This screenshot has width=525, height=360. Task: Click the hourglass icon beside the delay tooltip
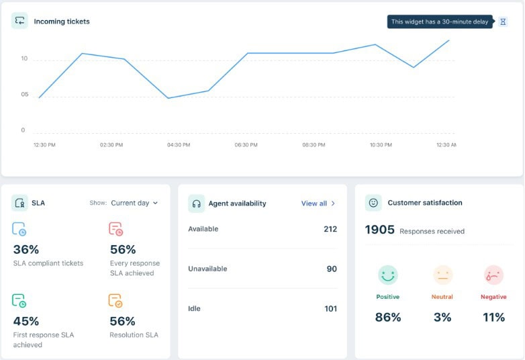pos(503,21)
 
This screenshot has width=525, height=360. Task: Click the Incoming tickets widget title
pos(62,21)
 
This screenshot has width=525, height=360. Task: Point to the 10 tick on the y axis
pos(24,59)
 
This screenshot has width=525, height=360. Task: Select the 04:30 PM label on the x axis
pos(178,144)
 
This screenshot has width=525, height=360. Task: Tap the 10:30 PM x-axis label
pos(381,144)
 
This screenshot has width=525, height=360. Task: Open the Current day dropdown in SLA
pos(134,203)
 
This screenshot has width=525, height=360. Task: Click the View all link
pos(318,204)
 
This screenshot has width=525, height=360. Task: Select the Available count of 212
pos(330,229)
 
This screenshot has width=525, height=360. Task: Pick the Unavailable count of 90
pos(332,269)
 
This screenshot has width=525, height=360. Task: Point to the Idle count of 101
pos(330,309)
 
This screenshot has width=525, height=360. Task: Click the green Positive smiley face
pos(387,275)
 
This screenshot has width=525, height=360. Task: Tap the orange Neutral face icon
pos(442,275)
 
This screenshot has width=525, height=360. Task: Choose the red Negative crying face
pos(493,275)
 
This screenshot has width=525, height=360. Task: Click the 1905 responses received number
pos(379,230)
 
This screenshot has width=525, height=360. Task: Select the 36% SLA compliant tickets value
pos(26,249)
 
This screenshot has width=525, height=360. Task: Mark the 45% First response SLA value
pos(26,321)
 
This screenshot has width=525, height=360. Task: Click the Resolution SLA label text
pos(134,334)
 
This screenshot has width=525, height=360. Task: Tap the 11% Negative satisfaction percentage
pos(493,317)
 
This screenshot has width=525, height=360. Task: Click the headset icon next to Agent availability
pos(197,204)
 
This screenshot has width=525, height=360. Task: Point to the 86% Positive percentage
pos(387,317)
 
